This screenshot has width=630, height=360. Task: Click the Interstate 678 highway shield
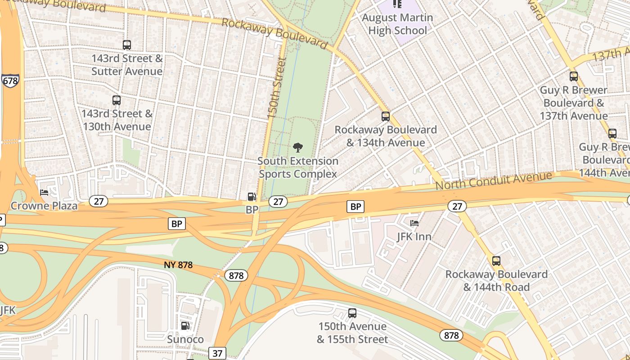[10, 81]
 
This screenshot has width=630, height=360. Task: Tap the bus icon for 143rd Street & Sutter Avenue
[127, 45]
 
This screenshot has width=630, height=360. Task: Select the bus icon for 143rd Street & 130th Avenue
[117, 100]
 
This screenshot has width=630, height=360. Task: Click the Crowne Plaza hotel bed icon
[44, 193]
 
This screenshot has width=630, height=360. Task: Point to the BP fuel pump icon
[252, 197]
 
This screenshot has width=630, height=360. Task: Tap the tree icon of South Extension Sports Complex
[297, 147]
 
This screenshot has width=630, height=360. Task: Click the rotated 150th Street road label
[276, 88]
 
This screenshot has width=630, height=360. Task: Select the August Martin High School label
[397, 24]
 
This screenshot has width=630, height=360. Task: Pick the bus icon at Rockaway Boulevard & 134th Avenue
[386, 117]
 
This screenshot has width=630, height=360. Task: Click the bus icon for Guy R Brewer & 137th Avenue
[574, 76]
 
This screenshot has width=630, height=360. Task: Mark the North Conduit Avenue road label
[493, 180]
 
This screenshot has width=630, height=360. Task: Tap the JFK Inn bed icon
[414, 223]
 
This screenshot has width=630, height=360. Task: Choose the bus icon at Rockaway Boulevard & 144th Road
[496, 261]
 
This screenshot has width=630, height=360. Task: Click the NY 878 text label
[178, 265]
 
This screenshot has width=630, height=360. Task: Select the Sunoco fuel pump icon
[185, 326]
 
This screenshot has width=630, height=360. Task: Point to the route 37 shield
[217, 353]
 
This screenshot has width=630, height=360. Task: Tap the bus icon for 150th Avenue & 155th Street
[352, 313]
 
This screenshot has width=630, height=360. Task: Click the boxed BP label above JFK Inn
[355, 207]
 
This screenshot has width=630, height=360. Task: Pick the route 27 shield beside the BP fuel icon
[278, 202]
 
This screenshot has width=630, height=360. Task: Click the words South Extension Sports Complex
[298, 167]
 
